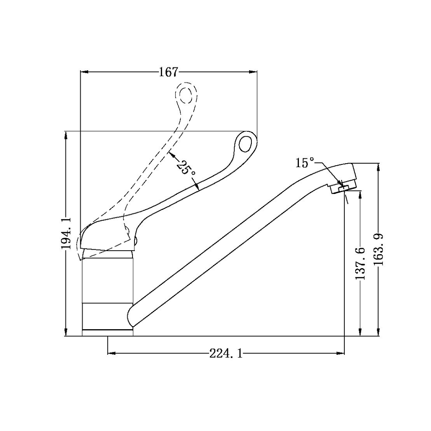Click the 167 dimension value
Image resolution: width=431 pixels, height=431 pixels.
pos(169,72)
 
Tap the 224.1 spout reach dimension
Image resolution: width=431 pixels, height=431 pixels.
pos(226,353)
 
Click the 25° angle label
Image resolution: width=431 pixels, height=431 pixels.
pos(186,167)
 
